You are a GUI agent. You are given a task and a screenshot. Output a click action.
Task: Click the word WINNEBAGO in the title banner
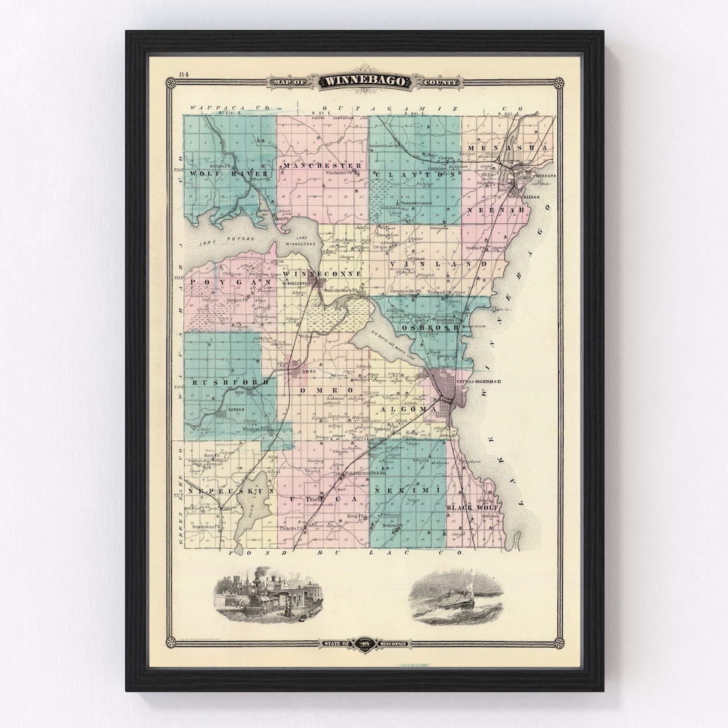(365, 82)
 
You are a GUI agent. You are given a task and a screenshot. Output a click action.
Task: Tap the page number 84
(183, 74)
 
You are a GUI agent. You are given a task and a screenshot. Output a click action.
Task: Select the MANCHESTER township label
(322, 165)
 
